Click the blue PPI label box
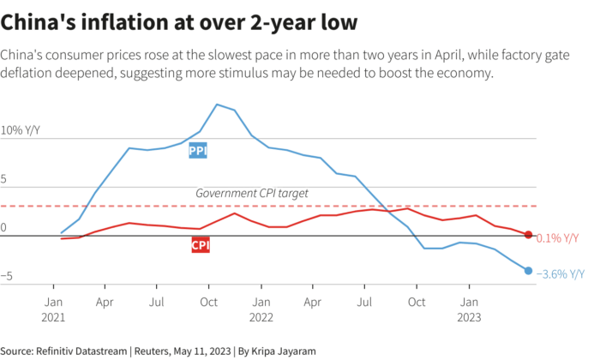point(198,151)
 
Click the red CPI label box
point(200,246)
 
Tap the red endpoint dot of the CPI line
point(528,235)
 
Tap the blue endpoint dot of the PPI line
point(528,271)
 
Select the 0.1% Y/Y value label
point(557,238)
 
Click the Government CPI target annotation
point(251,194)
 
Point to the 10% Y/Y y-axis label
point(21,131)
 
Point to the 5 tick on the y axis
point(4,180)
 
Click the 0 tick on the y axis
point(3,228)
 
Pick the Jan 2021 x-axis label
point(53,309)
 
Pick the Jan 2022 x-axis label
point(261,309)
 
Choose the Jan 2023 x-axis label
point(470,309)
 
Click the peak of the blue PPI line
point(217,105)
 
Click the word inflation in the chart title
point(117,18)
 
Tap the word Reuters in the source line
point(158,351)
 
